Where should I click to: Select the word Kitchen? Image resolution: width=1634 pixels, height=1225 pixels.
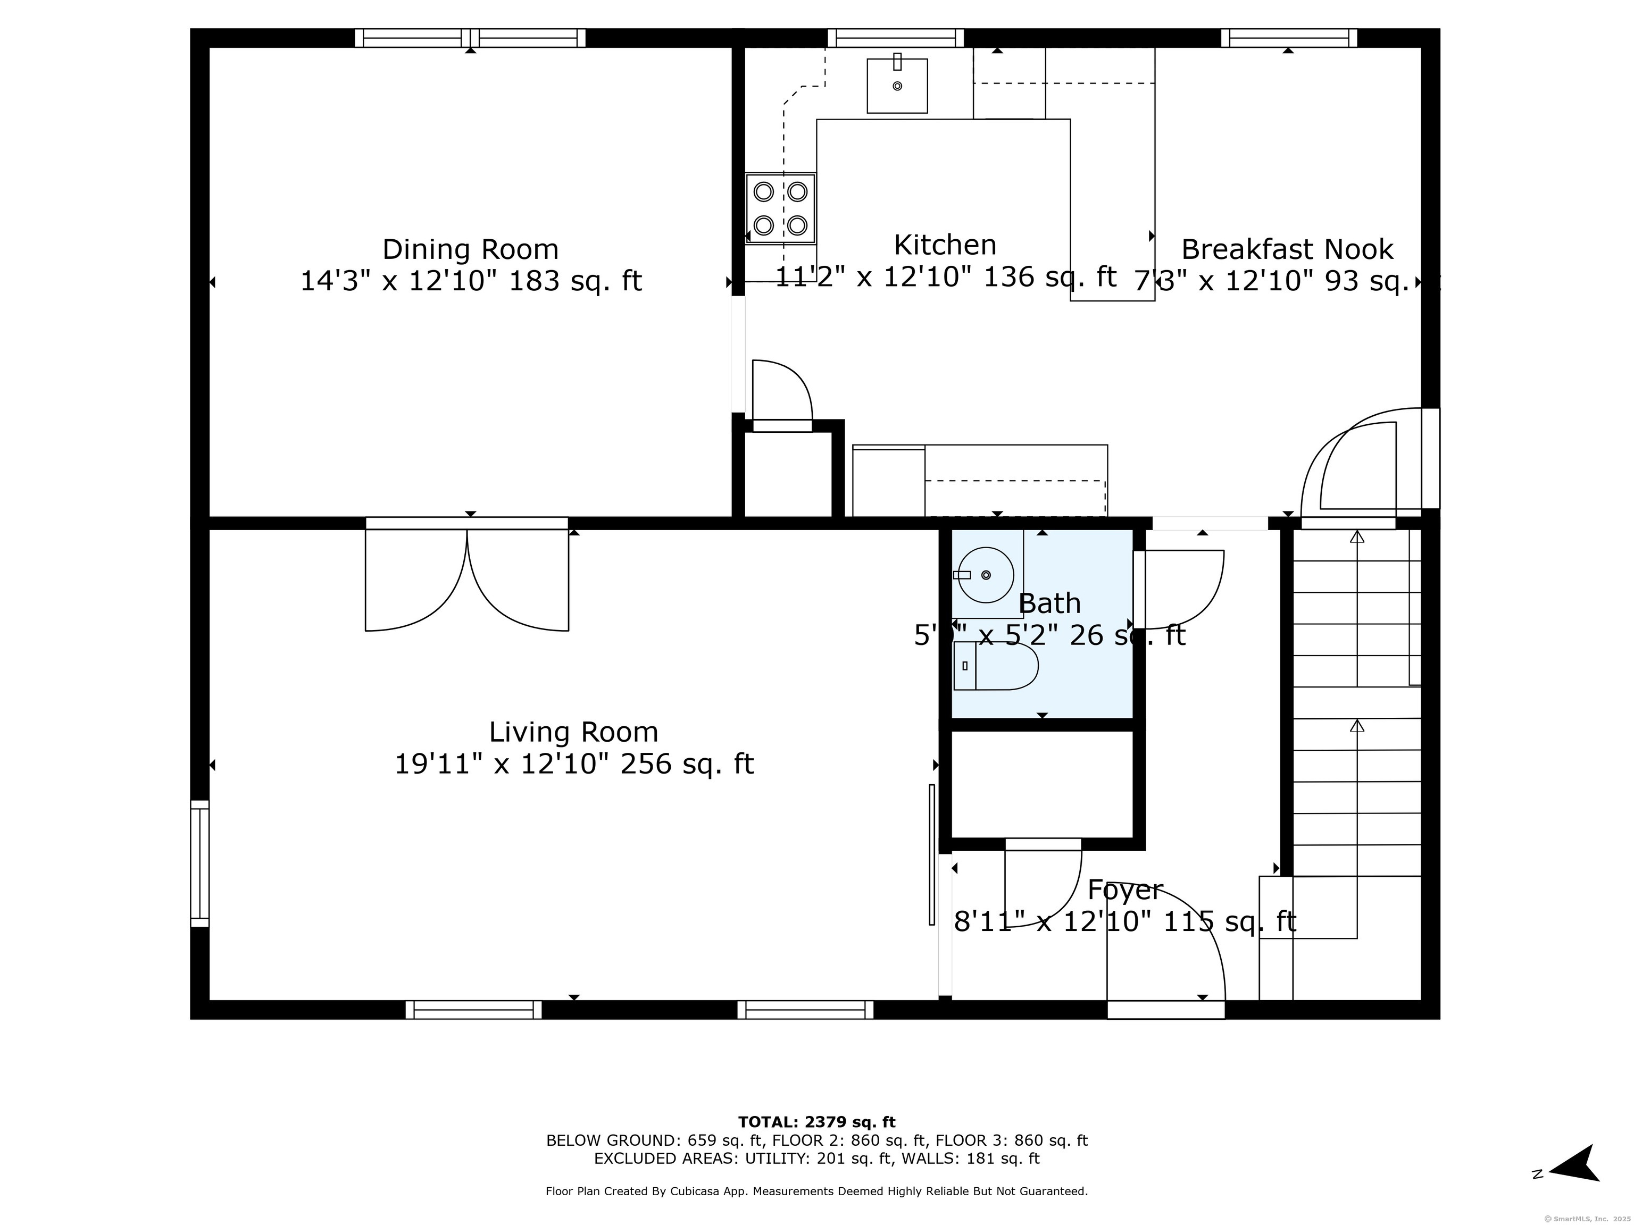click(x=945, y=245)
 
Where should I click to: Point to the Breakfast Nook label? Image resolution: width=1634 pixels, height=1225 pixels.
click(x=1287, y=249)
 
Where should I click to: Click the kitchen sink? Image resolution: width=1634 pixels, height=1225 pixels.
click(x=897, y=86)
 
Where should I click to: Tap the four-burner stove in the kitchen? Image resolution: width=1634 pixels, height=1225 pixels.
click(x=780, y=208)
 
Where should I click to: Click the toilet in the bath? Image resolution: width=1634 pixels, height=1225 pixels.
click(x=996, y=666)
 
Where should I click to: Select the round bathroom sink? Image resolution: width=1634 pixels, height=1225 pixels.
click(x=986, y=574)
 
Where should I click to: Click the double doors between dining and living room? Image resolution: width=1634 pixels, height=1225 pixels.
click(x=467, y=576)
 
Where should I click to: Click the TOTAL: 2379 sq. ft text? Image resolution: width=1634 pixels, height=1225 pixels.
click(x=816, y=1122)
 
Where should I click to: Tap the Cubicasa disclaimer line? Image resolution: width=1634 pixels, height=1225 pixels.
click(x=816, y=1191)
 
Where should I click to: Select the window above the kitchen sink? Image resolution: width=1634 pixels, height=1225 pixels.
click(x=895, y=38)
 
